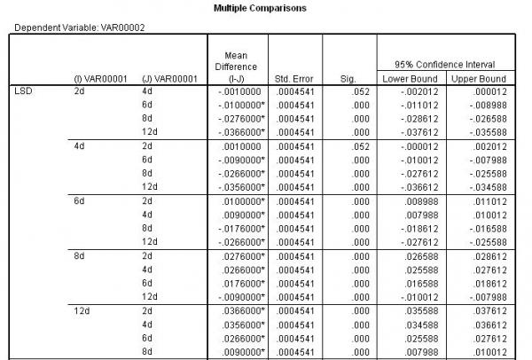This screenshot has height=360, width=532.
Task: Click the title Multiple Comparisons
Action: [265, 7]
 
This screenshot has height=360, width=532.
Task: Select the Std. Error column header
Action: [293, 78]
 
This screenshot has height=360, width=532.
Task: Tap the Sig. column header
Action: [348, 78]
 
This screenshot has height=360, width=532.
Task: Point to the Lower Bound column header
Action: [407, 78]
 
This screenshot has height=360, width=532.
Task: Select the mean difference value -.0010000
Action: [235, 91]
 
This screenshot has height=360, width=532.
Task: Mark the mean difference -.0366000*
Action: [237, 131]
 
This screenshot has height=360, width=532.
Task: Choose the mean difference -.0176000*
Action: [237, 229]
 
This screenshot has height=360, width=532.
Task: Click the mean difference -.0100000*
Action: [237, 105]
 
